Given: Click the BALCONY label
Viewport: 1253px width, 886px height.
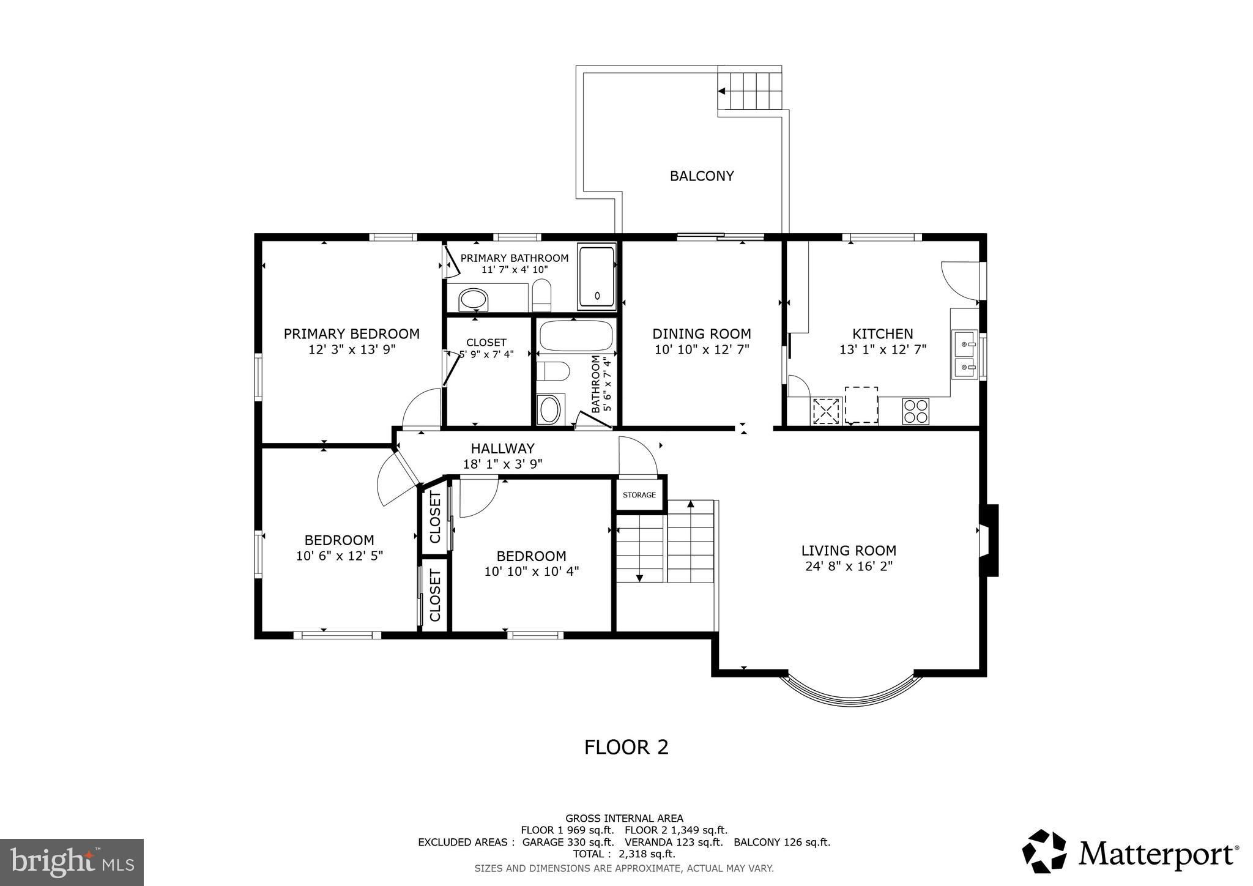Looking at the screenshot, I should point(701,176).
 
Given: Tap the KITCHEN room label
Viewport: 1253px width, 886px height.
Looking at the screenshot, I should point(882,334).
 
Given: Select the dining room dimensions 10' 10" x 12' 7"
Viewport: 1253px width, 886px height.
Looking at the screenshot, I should point(702,349).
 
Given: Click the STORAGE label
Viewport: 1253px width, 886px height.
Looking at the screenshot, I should point(639,495).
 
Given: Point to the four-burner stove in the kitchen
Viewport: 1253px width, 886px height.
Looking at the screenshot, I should point(915,411).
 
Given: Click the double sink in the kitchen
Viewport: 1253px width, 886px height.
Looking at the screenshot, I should point(964,356).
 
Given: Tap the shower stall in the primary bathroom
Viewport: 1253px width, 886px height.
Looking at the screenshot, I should point(597,277).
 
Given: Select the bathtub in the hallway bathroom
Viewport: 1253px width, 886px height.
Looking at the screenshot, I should point(576,335).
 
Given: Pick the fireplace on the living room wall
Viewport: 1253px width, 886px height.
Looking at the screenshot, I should point(989,540).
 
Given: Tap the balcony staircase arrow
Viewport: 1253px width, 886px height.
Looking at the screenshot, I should point(722,91).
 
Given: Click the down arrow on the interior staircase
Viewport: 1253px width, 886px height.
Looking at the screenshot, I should point(639,577).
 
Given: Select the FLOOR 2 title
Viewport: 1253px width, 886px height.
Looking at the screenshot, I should point(626,747).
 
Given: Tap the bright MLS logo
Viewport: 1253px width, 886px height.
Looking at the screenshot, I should point(72,862).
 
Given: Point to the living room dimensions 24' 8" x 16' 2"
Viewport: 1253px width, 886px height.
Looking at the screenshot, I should point(849,567).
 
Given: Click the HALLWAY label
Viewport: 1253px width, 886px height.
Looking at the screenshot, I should point(502,449).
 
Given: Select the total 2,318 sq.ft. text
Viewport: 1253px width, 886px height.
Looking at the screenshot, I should point(623,854).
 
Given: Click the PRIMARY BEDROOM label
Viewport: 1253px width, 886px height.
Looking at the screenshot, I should point(351,334).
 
